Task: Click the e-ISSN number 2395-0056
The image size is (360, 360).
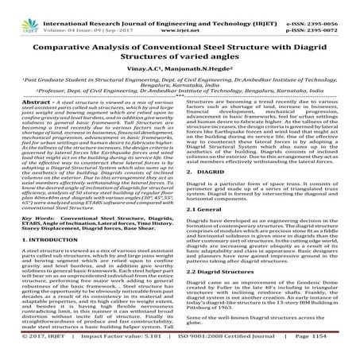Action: point(328,5)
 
